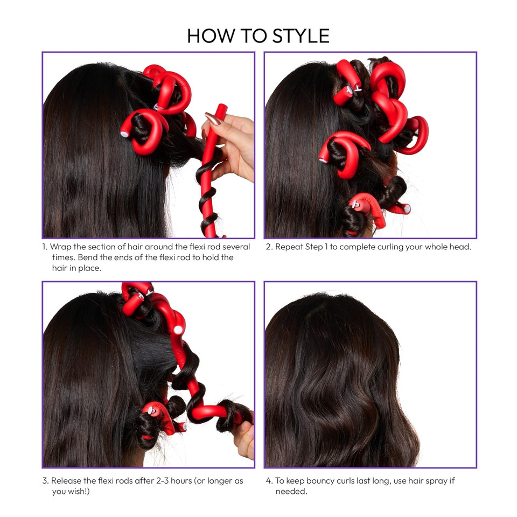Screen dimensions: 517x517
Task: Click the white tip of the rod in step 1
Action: click(x=124, y=132)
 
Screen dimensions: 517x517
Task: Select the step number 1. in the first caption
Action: click(x=45, y=247)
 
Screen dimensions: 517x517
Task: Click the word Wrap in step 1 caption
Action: click(x=60, y=247)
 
